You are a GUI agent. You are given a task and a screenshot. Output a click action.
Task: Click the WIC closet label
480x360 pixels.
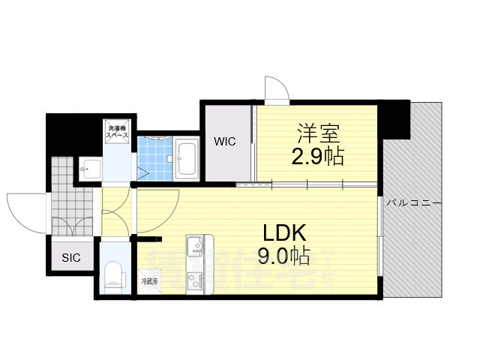click(x=225, y=141)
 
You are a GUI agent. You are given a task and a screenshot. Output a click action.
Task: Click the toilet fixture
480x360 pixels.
click(x=114, y=274)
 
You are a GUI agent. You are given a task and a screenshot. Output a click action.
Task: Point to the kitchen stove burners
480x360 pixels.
click(x=196, y=281)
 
